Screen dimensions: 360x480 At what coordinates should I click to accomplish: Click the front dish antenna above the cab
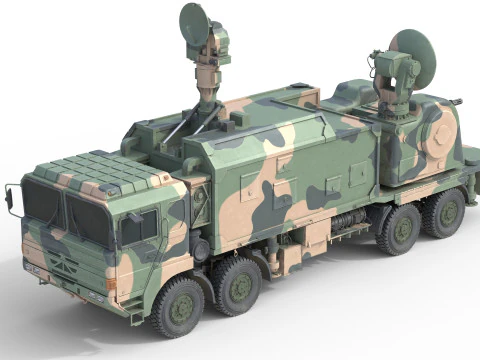tap(195, 22)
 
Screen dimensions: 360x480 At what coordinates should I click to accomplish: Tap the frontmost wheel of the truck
tap(180, 306)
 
